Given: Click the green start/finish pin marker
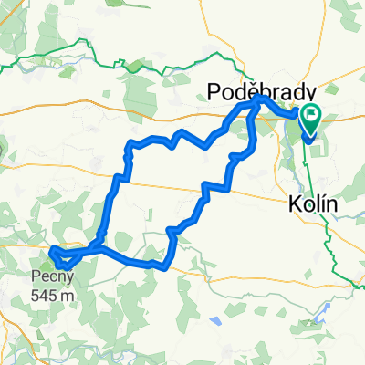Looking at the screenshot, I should click(311, 117).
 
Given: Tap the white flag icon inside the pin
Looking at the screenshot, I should click(311, 115).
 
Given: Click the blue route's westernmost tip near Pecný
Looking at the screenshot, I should click(50, 249).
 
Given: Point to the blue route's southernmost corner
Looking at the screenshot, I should click(162, 267).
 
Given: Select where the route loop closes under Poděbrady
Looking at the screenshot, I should click(258, 98).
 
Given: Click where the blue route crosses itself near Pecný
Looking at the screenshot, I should click(91, 247).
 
